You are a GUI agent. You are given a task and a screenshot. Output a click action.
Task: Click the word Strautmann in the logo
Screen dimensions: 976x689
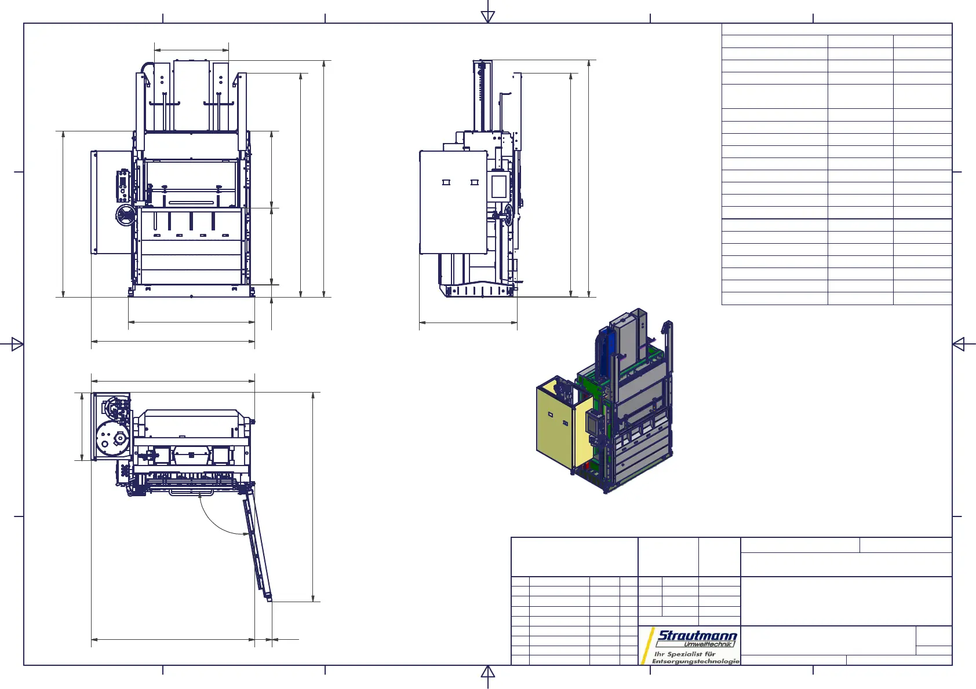pyautogui.click(x=697, y=636)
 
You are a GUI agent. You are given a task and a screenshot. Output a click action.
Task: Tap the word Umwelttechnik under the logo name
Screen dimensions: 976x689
pyautogui.click(x=709, y=644)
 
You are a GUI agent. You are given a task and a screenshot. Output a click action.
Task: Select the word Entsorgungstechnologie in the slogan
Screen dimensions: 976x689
pyautogui.click(x=695, y=662)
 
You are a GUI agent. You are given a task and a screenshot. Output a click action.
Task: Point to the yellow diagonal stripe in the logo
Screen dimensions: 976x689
pyautogui.click(x=647, y=646)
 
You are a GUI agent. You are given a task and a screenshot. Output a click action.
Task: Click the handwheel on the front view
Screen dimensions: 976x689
pyautogui.click(x=126, y=215)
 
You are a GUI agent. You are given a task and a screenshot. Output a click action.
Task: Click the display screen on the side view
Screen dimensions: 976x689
pyautogui.click(x=500, y=186)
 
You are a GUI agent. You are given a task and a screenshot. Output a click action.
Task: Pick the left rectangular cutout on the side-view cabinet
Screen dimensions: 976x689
pyautogui.click(x=446, y=182)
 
